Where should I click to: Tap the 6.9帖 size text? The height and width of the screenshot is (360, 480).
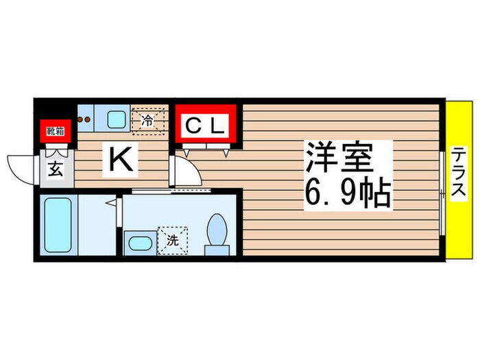point(348,193)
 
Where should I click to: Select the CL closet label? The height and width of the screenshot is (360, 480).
point(205,125)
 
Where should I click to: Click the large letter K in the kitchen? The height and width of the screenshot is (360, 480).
point(121,160)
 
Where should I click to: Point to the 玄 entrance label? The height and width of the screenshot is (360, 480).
point(56,169)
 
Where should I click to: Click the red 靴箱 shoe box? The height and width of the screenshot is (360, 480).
point(56,131)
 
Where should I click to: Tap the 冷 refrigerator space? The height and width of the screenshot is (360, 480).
point(148,121)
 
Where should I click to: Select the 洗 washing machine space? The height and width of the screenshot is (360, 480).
point(172,241)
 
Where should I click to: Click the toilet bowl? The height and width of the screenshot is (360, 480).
point(217,229)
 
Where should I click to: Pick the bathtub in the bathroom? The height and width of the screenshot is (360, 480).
point(58,225)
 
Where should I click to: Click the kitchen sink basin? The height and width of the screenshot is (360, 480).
point(117,120)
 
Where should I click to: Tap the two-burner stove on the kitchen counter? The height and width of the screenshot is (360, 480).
point(84,119)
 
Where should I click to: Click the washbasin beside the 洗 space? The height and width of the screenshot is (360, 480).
point(141,243)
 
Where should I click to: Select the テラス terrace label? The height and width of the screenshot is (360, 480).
point(459,173)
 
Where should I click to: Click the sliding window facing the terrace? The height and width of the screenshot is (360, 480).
point(442,193)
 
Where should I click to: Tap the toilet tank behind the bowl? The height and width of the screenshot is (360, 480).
point(217,250)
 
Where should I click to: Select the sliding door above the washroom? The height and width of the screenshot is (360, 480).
point(171,191)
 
